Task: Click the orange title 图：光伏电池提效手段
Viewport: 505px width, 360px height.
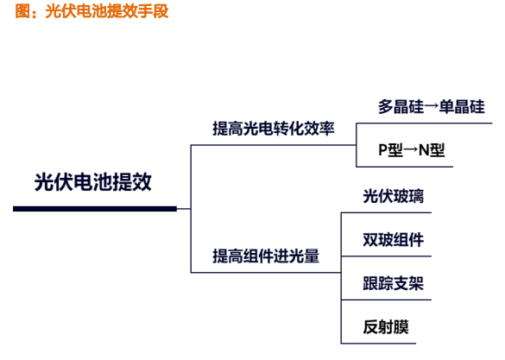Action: (x=92, y=11)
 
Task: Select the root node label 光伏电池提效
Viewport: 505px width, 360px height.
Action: (x=93, y=182)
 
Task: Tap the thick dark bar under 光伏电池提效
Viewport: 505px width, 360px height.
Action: (x=95, y=209)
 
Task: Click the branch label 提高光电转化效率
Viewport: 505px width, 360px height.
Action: (x=274, y=129)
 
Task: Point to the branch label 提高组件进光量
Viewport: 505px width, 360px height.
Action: (x=266, y=256)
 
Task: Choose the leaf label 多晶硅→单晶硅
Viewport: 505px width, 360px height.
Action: (x=432, y=106)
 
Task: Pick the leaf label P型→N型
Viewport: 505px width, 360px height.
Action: (x=412, y=149)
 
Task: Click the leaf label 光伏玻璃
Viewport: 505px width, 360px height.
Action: (x=394, y=196)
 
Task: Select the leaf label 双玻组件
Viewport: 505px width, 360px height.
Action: (x=394, y=240)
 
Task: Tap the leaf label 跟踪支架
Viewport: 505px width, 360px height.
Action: (x=394, y=283)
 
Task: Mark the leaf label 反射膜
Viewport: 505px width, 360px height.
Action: (x=386, y=327)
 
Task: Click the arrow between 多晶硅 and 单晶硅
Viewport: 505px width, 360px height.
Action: (x=432, y=106)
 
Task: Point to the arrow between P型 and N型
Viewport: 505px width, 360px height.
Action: (x=411, y=149)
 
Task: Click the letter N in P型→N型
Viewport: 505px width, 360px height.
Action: (x=424, y=149)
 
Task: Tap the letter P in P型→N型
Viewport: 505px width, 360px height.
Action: (x=383, y=149)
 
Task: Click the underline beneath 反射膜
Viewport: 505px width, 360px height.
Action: (x=378, y=344)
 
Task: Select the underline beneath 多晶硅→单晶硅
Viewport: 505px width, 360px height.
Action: (x=424, y=123)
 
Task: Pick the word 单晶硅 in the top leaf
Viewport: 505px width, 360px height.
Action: (x=462, y=106)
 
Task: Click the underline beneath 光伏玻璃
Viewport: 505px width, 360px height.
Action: (x=386, y=212)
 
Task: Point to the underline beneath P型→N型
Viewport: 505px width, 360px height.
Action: (x=405, y=167)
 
